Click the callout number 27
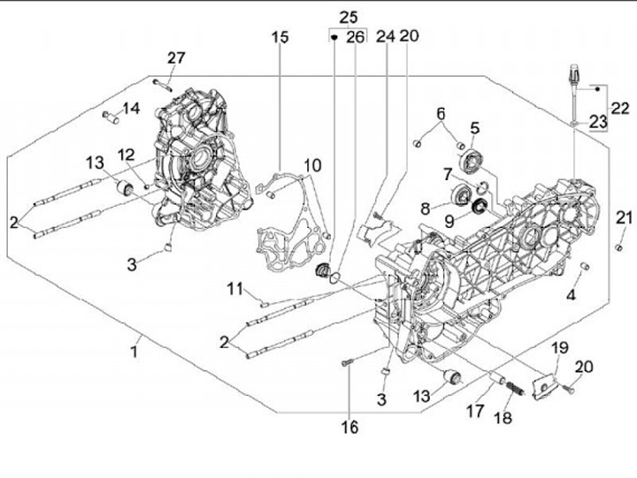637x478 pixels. pyautogui.click(x=176, y=58)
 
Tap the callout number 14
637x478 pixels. pyautogui.click(x=131, y=109)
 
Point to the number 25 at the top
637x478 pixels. pyautogui.click(x=349, y=17)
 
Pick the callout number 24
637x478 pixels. pyautogui.click(x=385, y=37)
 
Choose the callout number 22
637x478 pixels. pyautogui.click(x=620, y=108)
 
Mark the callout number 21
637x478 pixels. pyautogui.click(x=625, y=218)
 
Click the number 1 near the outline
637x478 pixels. pyautogui.click(x=134, y=352)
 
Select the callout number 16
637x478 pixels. pyautogui.click(x=350, y=428)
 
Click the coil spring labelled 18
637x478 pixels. pyautogui.click(x=517, y=386)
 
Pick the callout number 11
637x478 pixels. pyautogui.click(x=234, y=288)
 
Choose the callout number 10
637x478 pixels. pyautogui.click(x=313, y=166)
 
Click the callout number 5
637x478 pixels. pyautogui.click(x=474, y=129)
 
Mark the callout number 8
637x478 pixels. pyautogui.click(x=426, y=209)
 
